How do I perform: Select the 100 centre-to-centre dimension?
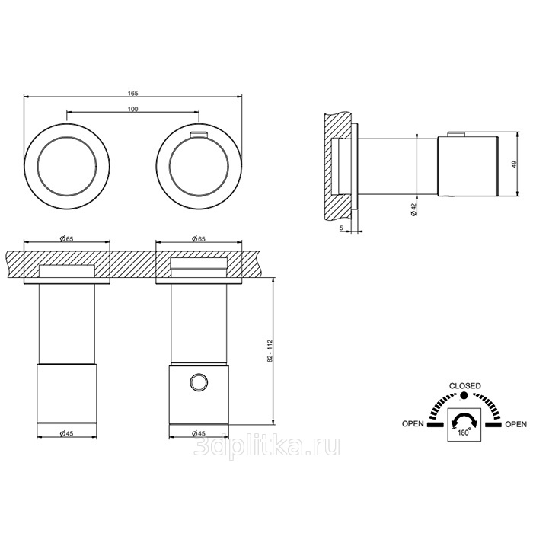(x=133, y=109)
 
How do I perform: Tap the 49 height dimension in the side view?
(x=514, y=164)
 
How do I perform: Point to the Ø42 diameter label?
(x=413, y=209)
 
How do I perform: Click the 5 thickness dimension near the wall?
(x=341, y=228)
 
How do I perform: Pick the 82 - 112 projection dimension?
(x=270, y=351)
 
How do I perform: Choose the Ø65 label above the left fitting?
(x=67, y=238)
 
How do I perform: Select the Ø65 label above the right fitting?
(x=199, y=238)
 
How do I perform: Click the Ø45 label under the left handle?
(x=67, y=433)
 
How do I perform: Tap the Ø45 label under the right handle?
(x=199, y=433)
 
